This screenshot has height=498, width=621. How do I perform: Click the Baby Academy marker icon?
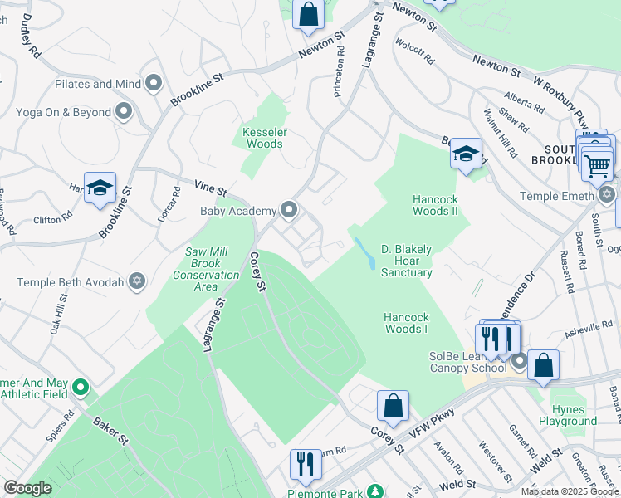click(x=289, y=210)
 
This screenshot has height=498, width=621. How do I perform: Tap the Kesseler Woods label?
click(x=263, y=138)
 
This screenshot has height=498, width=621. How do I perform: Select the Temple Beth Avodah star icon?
click(x=137, y=282)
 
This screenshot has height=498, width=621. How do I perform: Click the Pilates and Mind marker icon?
click(x=154, y=83)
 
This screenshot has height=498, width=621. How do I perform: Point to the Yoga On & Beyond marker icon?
click(x=124, y=111)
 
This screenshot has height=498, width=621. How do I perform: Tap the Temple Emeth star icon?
click(x=607, y=195)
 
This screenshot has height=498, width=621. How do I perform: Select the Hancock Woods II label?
click(x=436, y=205)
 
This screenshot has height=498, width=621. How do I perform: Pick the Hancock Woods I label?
click(x=406, y=323)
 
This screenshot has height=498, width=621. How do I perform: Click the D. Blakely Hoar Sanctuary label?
click(x=407, y=261)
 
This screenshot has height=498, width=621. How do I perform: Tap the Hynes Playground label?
click(x=568, y=415)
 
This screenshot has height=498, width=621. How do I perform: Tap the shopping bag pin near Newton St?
click(x=308, y=14)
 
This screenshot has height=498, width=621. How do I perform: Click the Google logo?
click(x=27, y=488)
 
